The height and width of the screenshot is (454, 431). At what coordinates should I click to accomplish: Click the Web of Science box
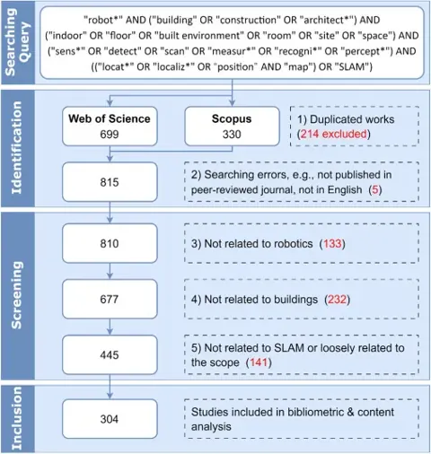110,127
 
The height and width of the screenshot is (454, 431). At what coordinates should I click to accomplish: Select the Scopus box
232,127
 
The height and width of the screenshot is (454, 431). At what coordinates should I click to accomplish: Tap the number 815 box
110,182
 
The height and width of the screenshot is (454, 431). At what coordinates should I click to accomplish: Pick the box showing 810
110,243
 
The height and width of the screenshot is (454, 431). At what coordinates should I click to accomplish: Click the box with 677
110,299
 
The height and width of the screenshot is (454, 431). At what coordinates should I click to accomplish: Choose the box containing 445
110,354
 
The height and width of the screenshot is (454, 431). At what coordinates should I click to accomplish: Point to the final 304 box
110,419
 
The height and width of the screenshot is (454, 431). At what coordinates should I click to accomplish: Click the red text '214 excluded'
333,134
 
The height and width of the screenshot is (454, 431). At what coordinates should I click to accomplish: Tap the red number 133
332,244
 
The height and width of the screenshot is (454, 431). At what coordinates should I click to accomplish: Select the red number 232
338,300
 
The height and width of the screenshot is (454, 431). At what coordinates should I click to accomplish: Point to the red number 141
259,362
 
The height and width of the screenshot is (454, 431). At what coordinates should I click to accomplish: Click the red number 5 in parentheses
375,189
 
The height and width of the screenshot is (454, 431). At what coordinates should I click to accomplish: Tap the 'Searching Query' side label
18,42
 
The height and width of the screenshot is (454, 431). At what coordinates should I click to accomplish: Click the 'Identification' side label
17,148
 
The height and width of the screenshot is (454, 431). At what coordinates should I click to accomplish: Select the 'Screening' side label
17,295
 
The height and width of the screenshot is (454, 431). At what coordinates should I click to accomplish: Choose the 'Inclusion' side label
17,418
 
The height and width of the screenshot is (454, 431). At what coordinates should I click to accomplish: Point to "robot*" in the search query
101,20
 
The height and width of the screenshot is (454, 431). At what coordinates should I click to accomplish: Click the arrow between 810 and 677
110,271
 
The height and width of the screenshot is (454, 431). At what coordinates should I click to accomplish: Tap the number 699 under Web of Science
110,135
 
